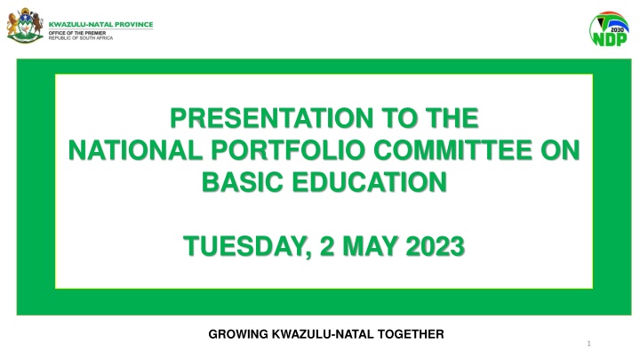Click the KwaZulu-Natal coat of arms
pyautogui.click(x=25, y=25)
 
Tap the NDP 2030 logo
pyautogui.click(x=609, y=29)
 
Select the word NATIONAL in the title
pyautogui.click(x=135, y=150)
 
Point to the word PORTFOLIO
pyautogui.click(x=288, y=150)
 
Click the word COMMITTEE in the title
pyautogui.click(x=452, y=150)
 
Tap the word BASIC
pyautogui.click(x=243, y=181)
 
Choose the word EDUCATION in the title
pyautogui.click(x=370, y=181)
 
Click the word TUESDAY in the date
pyautogui.click(x=247, y=246)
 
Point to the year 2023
pyautogui.click(x=436, y=246)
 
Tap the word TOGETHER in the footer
pyautogui.click(x=411, y=334)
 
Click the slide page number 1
pyautogui.click(x=588, y=344)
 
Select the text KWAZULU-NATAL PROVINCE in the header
pyautogui.click(x=100, y=25)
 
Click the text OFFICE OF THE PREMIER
pyautogui.click(x=77, y=33)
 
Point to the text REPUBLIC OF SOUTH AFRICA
pyautogui.click(x=81, y=38)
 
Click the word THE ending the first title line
pyautogui.click(x=452, y=118)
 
